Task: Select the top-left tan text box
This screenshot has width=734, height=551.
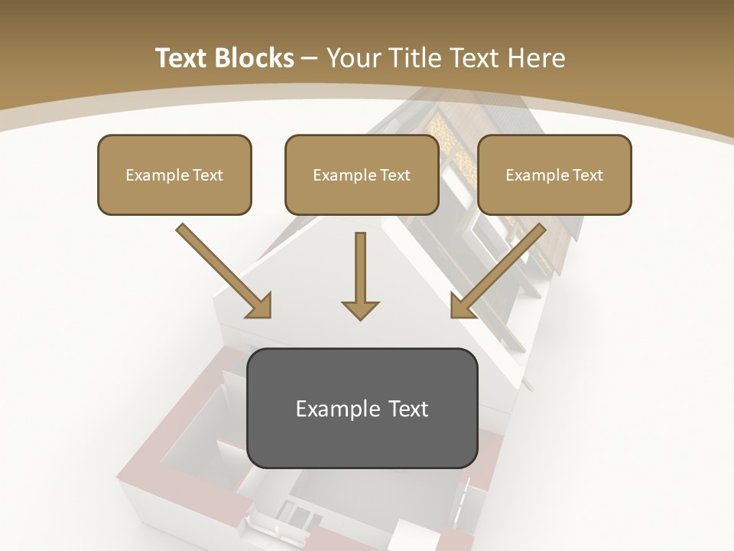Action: (x=174, y=174)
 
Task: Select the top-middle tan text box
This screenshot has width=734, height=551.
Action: (x=362, y=174)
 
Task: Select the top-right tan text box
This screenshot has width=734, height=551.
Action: (x=554, y=174)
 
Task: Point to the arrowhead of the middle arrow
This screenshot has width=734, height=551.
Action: (x=360, y=310)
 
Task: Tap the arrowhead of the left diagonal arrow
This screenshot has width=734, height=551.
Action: (x=261, y=307)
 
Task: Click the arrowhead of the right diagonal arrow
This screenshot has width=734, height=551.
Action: (x=461, y=307)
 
